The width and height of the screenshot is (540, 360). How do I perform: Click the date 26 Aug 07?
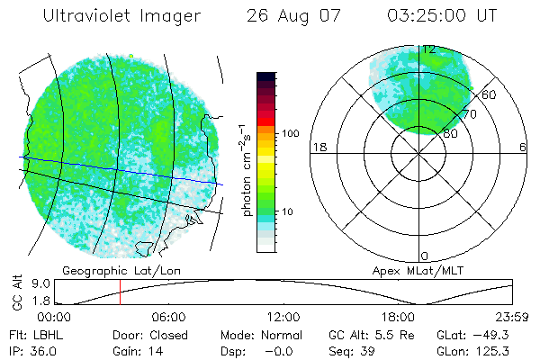click(287, 17)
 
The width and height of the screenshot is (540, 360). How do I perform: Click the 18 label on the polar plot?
click(318, 147)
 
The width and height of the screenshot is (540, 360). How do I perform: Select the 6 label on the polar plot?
click(523, 147)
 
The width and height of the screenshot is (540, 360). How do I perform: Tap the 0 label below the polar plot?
click(425, 256)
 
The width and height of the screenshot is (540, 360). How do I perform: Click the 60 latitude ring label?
click(490, 94)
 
